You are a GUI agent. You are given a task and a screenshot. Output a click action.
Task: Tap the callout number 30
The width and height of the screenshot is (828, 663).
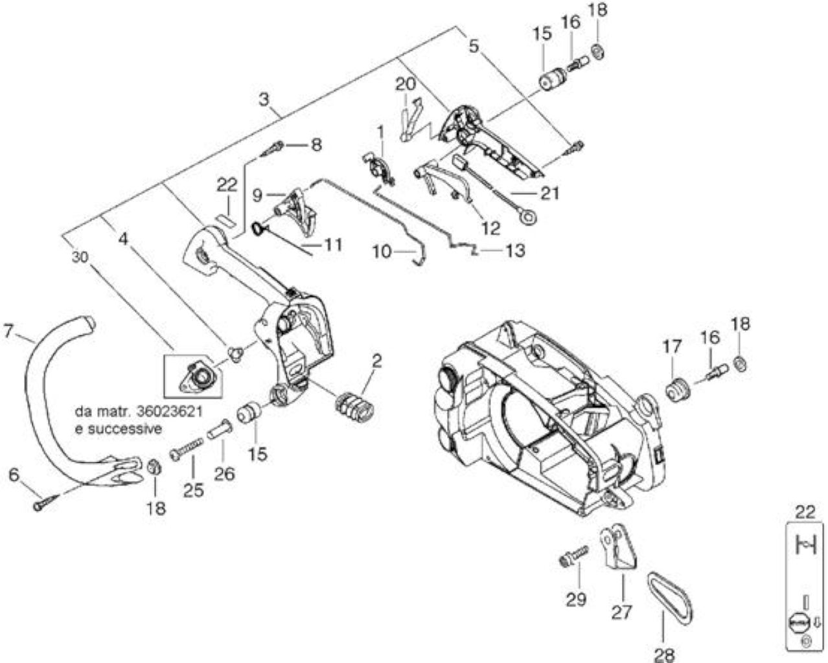coord(80,257)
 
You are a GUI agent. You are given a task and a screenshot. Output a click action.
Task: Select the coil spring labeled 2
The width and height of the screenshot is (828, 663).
coord(354,407)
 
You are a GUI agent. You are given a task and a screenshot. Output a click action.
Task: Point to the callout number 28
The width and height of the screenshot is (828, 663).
coord(665,655)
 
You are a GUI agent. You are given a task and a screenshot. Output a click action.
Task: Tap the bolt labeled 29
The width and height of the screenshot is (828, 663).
coord(574,556)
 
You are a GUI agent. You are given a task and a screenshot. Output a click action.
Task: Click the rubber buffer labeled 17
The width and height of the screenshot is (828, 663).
coord(678,390)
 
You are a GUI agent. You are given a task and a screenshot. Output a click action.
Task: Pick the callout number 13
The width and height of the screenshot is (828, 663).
coord(515,251)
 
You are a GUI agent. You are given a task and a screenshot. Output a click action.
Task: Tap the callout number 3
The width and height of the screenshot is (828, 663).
coord(264,100)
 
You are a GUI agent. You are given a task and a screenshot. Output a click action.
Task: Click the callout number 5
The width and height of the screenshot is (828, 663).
coord(474,47)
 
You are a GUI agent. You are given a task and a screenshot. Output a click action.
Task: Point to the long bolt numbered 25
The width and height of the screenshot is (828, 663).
coord(187,449)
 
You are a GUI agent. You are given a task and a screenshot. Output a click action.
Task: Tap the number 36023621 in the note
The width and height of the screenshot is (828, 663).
coord(170,412)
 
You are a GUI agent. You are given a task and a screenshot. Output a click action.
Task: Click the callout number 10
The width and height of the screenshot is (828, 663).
coord(382,253)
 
